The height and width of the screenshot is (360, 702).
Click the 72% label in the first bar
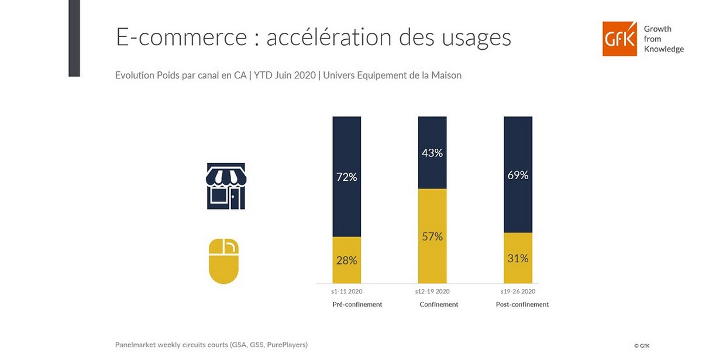[x=346, y=177]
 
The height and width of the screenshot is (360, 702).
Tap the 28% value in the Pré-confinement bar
[x=346, y=260]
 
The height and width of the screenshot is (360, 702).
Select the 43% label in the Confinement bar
[x=432, y=153]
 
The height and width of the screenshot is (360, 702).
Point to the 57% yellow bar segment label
[x=432, y=236]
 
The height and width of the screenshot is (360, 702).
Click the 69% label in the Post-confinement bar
[x=518, y=174]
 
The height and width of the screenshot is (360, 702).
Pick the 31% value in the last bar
[x=518, y=258]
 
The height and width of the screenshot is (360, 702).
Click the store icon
[x=226, y=186]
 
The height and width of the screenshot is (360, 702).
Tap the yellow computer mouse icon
[x=223, y=261]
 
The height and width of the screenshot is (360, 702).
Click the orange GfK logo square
[x=620, y=39]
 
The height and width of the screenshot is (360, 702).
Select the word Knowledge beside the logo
[x=663, y=49]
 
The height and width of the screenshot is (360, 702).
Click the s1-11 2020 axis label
[x=346, y=291]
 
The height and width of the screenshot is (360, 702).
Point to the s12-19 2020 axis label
[x=432, y=291]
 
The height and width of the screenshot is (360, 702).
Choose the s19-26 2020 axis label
[x=518, y=291]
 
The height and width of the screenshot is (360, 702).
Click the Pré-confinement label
[x=357, y=304]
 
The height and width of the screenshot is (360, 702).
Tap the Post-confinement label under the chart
[x=522, y=304]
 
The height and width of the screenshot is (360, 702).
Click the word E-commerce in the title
[x=181, y=37]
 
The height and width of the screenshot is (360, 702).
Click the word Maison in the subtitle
[x=446, y=76]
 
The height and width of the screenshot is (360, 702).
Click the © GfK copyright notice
[x=642, y=346]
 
